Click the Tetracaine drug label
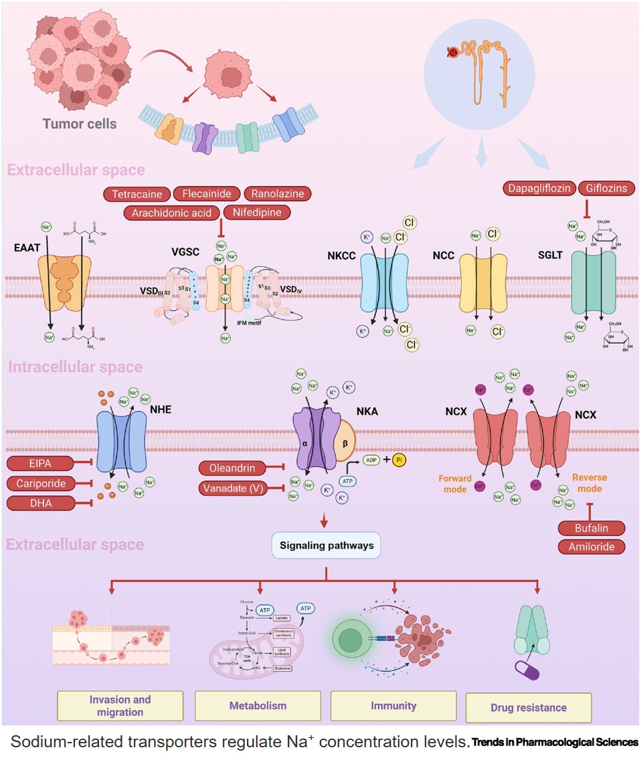pyautogui.click(x=136, y=194)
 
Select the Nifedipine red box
pyautogui.click(x=258, y=213)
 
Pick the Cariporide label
pyautogui.click(x=40, y=482)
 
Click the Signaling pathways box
pyautogui.click(x=326, y=545)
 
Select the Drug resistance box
pyautogui.click(x=528, y=707)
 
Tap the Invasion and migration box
pyautogui.click(x=120, y=705)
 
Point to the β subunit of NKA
pyautogui.click(x=345, y=444)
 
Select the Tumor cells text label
pyautogui.click(x=80, y=123)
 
